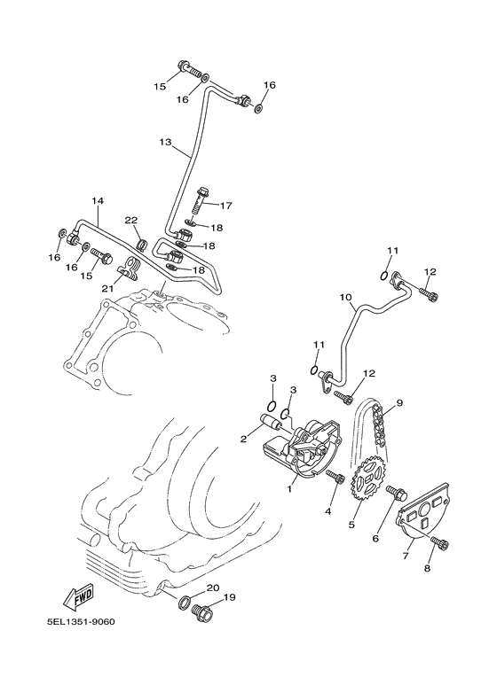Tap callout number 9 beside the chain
pyautogui.click(x=398, y=403)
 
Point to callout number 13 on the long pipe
pyautogui.click(x=165, y=142)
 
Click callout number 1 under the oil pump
pyautogui.click(x=288, y=488)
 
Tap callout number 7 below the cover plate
pyautogui.click(x=406, y=556)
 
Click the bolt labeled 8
pyautogui.click(x=438, y=541)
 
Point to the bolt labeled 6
pyautogui.click(x=397, y=492)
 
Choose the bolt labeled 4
pyautogui.click(x=336, y=478)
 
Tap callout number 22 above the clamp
pyautogui.click(x=130, y=220)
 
